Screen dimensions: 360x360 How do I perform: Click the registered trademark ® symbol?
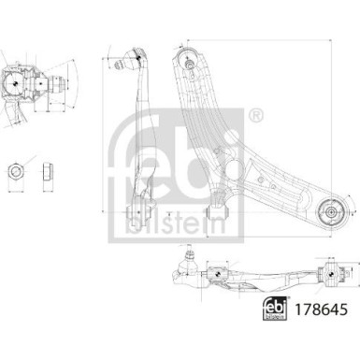click(x=255, y=116)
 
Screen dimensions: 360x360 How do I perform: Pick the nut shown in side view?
click(x=46, y=171)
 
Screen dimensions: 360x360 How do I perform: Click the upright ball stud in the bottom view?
click(x=188, y=257)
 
